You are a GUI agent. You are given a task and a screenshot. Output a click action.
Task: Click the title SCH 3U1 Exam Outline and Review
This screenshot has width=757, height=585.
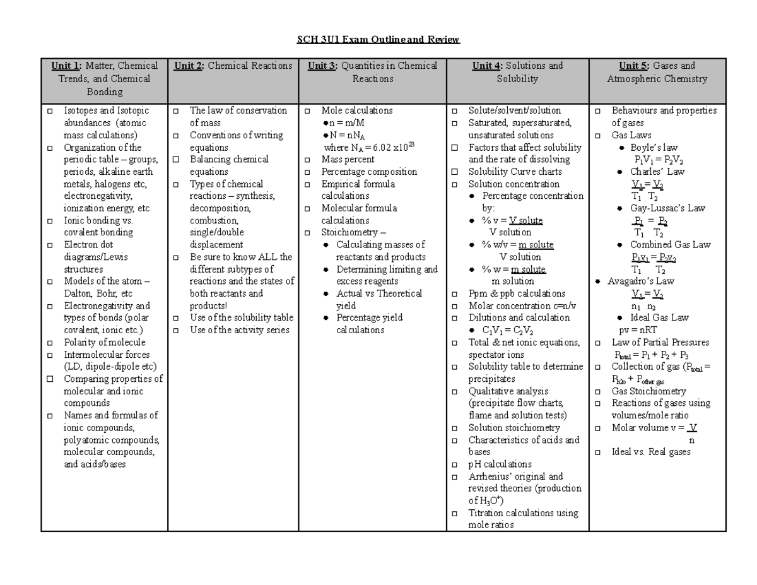click(378, 40)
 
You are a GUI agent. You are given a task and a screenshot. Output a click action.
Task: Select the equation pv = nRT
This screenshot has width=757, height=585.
click(637, 330)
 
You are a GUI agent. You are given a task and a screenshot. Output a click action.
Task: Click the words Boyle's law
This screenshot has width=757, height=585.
click(654, 148)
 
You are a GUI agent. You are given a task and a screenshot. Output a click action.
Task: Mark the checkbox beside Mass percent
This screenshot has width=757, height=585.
click(307, 160)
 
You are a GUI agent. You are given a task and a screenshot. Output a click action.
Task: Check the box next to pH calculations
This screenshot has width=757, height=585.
click(455, 464)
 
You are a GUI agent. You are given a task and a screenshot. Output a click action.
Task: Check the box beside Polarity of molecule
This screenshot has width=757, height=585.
click(50, 343)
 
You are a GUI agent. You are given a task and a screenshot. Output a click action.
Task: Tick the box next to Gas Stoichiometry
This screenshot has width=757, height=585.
click(598, 391)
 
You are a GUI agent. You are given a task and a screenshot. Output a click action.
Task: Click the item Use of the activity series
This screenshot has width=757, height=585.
click(239, 330)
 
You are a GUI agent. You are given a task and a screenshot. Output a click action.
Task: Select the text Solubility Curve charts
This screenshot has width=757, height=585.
click(515, 172)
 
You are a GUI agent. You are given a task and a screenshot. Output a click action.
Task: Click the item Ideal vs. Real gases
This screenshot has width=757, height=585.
click(651, 452)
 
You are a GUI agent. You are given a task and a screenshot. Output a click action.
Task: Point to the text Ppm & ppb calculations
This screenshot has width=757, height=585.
click(517, 293)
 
